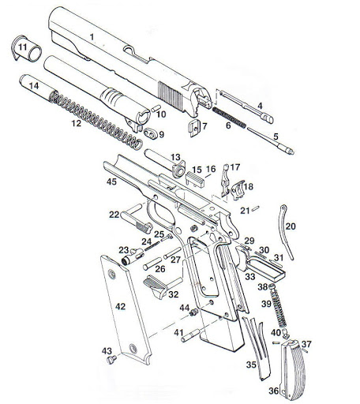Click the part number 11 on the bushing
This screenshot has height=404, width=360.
coord(22,47)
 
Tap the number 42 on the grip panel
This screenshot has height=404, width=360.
coord(120,307)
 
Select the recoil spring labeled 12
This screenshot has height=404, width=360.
coord(96,120)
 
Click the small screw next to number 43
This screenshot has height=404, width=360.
coord(112,360)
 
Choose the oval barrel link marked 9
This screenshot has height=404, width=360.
coord(150,133)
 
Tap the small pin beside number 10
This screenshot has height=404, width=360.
coord(156,108)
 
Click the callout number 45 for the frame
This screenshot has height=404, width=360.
coord(111,181)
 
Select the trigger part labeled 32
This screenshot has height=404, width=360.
coord(155,286)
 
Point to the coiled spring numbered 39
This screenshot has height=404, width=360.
coord(278,305)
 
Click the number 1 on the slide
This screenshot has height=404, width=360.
coord(92,37)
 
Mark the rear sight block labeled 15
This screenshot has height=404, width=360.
coord(195,179)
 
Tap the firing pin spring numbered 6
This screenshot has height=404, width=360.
coord(229,118)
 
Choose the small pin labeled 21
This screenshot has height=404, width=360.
coord(256,208)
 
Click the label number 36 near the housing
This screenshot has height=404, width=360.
coord(274,391)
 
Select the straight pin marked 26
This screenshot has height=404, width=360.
coord(152,264)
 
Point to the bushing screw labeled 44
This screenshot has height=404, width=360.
coord(193,312)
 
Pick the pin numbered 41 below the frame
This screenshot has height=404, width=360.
coord(190,336)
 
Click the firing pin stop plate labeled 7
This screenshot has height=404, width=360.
coord(194,128)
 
